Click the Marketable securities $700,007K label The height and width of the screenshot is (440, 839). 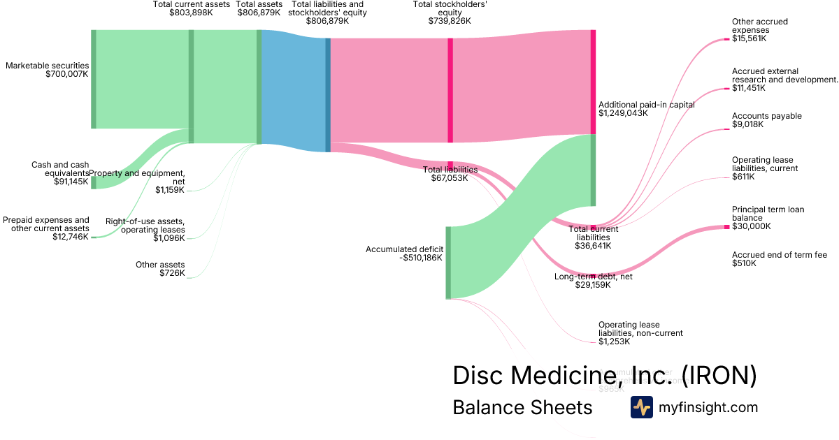[x=48, y=70]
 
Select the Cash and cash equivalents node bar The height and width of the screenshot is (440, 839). [x=94, y=182]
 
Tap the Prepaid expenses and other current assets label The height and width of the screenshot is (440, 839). [x=46, y=228]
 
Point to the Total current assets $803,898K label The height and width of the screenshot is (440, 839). [x=192, y=8]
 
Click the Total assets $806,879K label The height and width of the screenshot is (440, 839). [x=259, y=8]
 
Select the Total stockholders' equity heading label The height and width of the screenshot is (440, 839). [x=450, y=13]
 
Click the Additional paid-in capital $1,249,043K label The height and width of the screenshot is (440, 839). [x=647, y=108]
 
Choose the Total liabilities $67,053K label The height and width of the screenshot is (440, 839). [x=450, y=174]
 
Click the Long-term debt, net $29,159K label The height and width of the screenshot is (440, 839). [x=594, y=281]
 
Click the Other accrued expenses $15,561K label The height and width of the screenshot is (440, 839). [x=759, y=30]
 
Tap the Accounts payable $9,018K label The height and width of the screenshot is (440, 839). [x=766, y=120]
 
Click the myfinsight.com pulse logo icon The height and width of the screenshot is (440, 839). [x=641, y=407]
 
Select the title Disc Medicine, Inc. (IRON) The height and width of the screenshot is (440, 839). [x=605, y=375]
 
